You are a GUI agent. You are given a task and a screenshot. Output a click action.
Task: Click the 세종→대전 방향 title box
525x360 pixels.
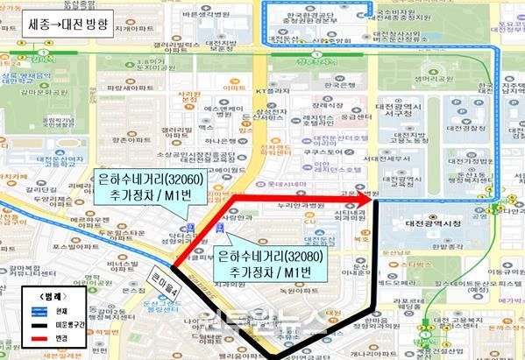coord(67,24)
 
